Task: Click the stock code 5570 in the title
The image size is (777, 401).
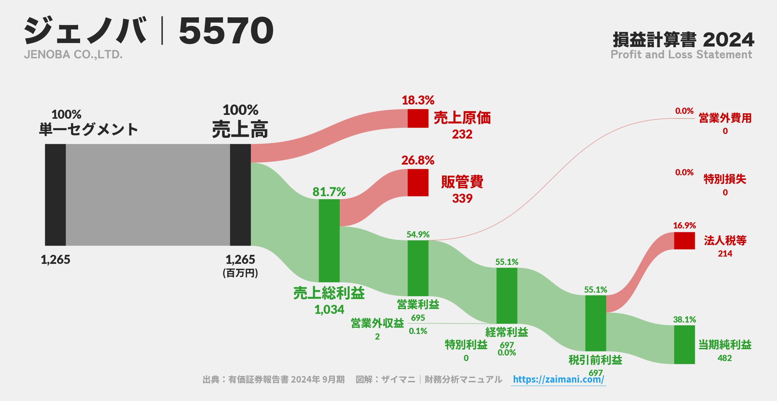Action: [226, 31]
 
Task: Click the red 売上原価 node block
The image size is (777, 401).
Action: [418, 118]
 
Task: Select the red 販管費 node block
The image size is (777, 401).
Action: [418, 183]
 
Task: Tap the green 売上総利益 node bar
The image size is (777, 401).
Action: [329, 240]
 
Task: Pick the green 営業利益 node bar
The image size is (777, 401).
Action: [418, 268]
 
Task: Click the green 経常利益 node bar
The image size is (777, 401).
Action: [506, 295]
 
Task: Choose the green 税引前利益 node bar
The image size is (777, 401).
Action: [595, 323]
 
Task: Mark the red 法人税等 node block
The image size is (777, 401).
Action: [684, 241]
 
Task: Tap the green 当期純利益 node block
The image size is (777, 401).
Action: [684, 344]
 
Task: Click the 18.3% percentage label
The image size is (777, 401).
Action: [418, 100]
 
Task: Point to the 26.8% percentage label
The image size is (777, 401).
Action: [418, 160]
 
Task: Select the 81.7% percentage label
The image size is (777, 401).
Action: [329, 192]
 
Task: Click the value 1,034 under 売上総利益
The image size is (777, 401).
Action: [329, 309]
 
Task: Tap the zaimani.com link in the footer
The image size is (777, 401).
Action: [558, 379]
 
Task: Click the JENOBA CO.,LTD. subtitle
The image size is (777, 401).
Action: [73, 55]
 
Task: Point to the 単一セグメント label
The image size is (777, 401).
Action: [88, 130]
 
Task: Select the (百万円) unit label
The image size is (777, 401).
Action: [240, 273]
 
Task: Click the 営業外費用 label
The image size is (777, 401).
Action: [725, 118]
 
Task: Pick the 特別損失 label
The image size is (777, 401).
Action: [725, 179]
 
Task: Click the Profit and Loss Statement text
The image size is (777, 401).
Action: [681, 55]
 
